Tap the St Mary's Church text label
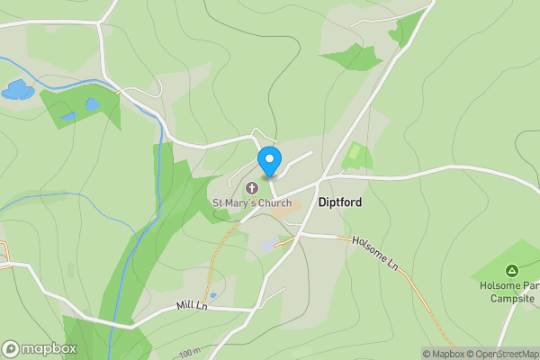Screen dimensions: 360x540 [252, 203]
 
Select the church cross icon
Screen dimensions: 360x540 [252, 188]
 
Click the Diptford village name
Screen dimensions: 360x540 [340, 202]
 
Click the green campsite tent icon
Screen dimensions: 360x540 [511, 270]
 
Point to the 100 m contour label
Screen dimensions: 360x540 [189, 352]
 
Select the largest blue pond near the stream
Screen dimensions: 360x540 [15, 90]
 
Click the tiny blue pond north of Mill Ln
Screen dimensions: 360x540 [212, 295]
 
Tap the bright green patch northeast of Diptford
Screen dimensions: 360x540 [357, 156]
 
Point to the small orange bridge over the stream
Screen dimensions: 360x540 [119, 91]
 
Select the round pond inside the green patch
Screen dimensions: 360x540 [92, 105]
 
